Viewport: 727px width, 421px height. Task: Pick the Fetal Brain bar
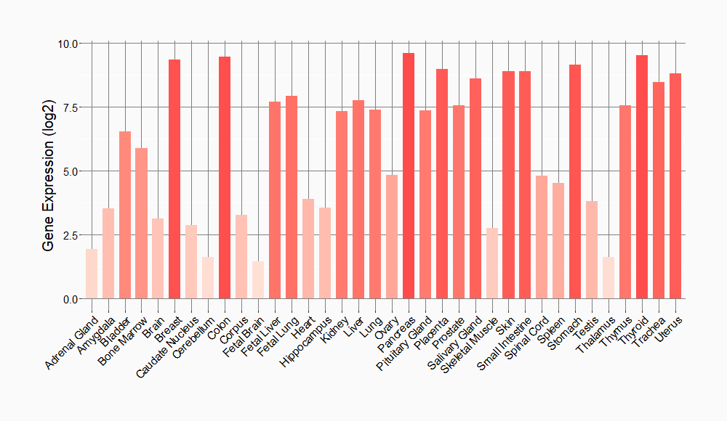pos(258,280)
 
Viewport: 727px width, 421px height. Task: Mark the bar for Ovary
pos(392,237)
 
